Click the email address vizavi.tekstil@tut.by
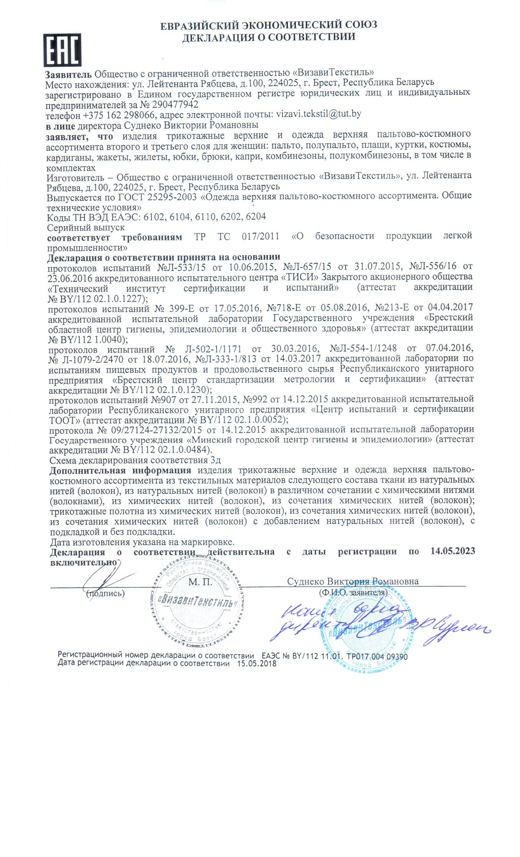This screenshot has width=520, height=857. click(x=318, y=114)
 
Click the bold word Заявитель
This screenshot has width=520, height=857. click(x=69, y=73)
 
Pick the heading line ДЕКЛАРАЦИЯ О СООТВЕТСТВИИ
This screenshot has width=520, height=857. click(x=268, y=37)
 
